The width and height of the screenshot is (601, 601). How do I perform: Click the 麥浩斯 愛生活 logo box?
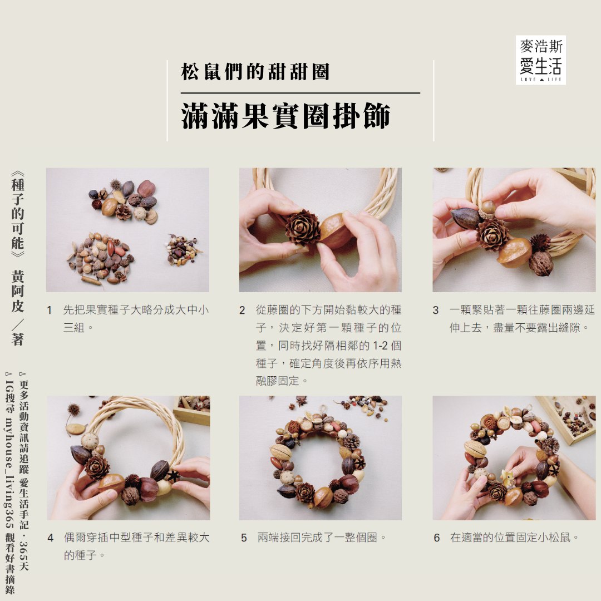point(540,60)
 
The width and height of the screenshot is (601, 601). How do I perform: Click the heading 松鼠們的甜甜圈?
point(255,72)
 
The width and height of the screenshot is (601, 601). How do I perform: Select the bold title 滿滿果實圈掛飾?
point(286,116)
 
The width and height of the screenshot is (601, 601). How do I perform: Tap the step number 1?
point(49,310)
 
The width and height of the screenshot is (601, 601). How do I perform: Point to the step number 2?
point(242,310)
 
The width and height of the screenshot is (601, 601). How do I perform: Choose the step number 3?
point(435,310)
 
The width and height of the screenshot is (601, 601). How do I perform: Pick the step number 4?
point(50,538)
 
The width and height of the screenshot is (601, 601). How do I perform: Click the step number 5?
point(244,538)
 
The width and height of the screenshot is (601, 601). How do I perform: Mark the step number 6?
point(437,538)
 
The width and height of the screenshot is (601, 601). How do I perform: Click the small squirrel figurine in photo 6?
point(508,478)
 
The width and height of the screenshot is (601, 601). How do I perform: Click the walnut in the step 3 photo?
point(540,263)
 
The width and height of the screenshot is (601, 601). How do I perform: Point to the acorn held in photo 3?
point(488,208)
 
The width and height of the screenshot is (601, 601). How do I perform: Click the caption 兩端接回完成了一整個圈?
point(322,538)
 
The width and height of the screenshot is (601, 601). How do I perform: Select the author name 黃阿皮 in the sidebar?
point(18,291)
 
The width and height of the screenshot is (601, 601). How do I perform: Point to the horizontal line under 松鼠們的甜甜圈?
point(300,93)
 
